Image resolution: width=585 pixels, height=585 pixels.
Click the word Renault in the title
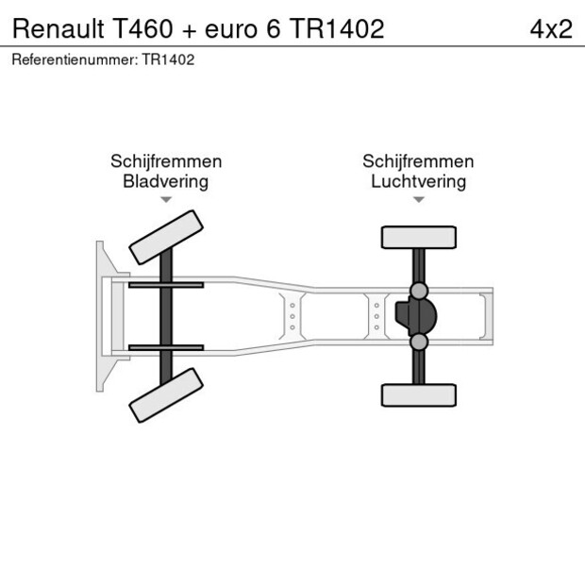[58, 29]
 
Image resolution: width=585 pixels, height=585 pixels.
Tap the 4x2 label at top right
[550, 29]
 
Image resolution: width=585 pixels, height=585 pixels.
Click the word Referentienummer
[74, 59]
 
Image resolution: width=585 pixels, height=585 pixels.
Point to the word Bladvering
[166, 181]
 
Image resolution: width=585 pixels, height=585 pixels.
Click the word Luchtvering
[418, 181]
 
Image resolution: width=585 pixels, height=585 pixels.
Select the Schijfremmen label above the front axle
[166, 161]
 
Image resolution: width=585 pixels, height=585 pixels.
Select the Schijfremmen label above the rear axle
[418, 161]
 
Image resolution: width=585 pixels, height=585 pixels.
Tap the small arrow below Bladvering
[166, 200]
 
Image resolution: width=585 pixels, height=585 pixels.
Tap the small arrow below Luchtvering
[418, 200]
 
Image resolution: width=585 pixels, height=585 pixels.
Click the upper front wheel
[167, 238]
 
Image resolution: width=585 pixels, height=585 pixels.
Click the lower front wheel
[167, 395]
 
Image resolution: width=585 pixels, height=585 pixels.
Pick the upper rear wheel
[419, 237]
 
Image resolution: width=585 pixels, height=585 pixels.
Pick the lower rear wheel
[419, 394]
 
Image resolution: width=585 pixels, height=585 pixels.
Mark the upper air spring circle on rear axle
[419, 291]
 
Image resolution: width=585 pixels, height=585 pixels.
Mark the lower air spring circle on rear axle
[419, 342]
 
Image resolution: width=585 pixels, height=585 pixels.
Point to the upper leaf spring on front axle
[166, 285]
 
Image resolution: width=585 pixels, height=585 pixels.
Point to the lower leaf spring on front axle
[166, 347]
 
